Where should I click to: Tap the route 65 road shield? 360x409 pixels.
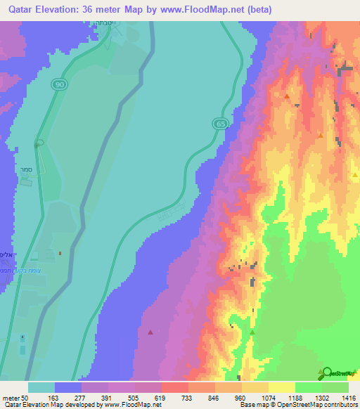pos(221,124)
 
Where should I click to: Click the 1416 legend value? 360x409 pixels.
pos(347,397)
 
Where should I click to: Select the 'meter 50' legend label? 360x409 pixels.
pos(15,397)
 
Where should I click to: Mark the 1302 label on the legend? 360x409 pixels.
pos(321,397)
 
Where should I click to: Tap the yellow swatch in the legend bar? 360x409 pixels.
pos(281,387)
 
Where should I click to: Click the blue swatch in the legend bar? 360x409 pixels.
pos(68,387)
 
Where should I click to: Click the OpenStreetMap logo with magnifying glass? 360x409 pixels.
pos(337,373)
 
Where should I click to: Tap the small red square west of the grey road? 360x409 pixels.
pos(60,254)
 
